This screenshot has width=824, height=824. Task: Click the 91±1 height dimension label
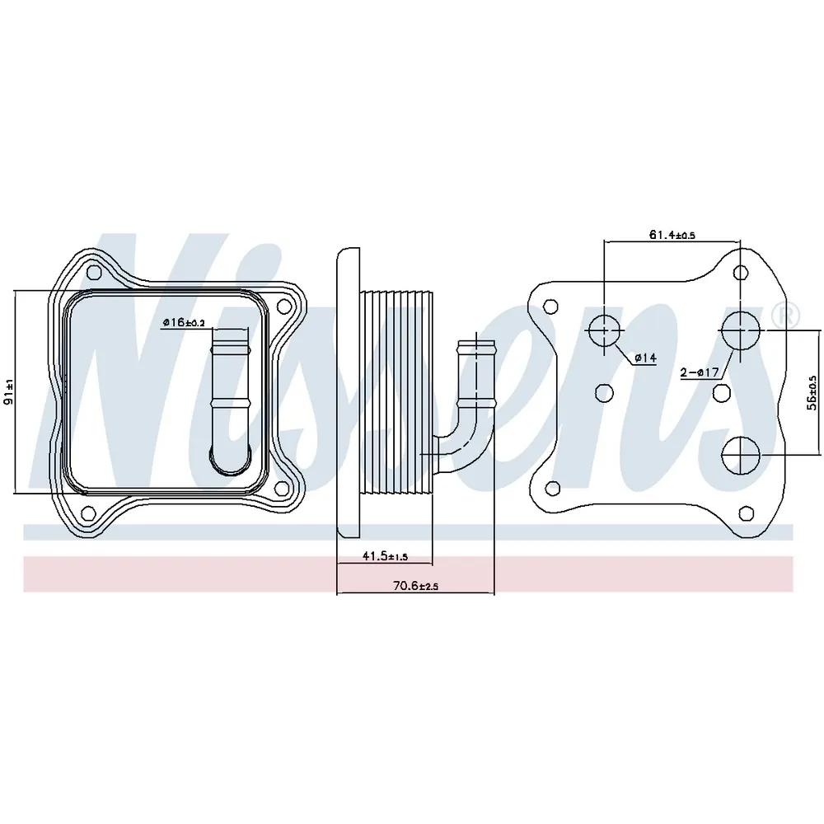[x=8, y=391]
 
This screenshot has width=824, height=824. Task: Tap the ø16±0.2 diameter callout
[x=184, y=322]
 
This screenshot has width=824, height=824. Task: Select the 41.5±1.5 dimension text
[x=385, y=555]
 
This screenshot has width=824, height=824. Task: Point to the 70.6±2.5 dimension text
[x=415, y=585]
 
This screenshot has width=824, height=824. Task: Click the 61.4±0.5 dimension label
[x=672, y=234]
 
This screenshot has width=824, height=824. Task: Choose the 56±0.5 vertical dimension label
[x=812, y=392]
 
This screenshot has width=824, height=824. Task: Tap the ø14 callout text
[x=645, y=358]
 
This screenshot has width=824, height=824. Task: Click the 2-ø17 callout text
[x=699, y=372]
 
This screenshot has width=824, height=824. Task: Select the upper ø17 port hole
[x=741, y=330]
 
